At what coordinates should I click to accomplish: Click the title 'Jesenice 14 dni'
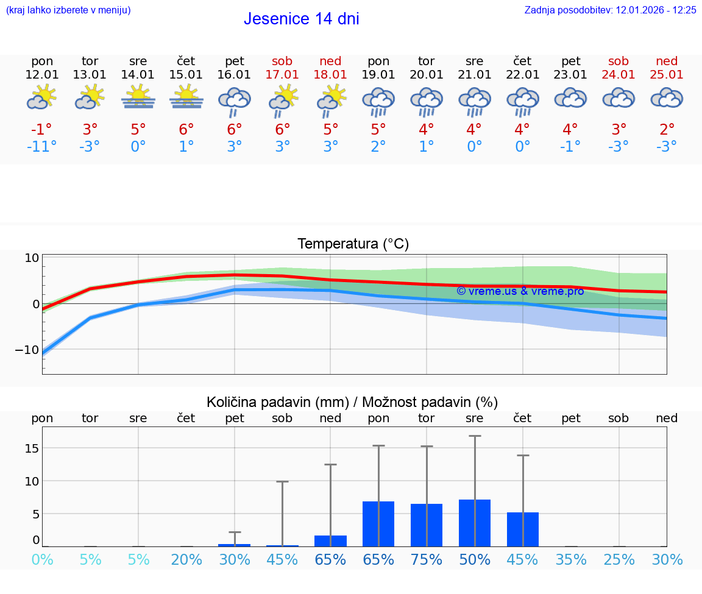pos(301,19)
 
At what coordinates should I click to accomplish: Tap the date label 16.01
pos(234,75)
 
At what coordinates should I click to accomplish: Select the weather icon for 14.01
pos(138,97)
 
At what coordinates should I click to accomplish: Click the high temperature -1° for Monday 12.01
pos(41,130)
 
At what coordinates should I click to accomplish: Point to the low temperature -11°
pos(41,147)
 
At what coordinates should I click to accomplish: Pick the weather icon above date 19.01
pos(378,101)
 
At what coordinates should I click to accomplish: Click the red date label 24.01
pos(619,75)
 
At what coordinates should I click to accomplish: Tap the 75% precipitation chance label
pos(426,559)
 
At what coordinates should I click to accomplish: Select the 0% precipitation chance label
pos(42,559)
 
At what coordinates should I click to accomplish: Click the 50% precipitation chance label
pos(474,559)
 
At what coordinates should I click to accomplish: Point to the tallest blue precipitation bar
pos(475,523)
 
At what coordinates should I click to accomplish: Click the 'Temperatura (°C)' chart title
pos(353,244)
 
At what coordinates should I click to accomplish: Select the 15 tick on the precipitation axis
pos(32,448)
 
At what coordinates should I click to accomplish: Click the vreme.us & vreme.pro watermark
pos(520,291)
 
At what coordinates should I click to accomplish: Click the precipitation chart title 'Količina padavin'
pos(352,402)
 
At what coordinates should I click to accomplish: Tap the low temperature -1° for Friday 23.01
pos(570,147)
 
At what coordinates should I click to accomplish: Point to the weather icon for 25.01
pos(667,98)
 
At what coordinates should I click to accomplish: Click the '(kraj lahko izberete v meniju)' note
pos(68,10)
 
